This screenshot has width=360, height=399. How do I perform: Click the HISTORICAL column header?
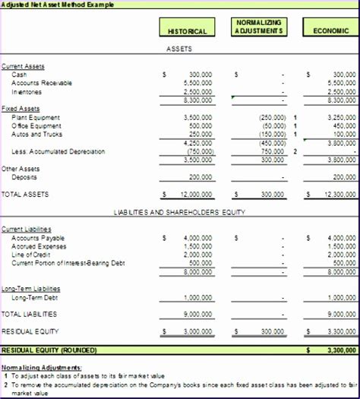pos(187,31)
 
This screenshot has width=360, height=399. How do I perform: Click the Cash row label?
pos(19,74)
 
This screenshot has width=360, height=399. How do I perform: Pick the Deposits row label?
pos(26,176)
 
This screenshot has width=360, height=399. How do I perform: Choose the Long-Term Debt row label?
pos(36,297)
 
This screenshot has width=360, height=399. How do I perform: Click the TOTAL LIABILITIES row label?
pos(29,314)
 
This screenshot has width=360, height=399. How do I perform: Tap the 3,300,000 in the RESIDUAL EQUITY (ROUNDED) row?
pos(338,350)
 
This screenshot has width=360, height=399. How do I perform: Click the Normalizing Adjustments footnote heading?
pos(42,368)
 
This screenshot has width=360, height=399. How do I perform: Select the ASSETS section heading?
pos(179,49)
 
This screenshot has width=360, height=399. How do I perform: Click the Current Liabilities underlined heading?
pos(27,229)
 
